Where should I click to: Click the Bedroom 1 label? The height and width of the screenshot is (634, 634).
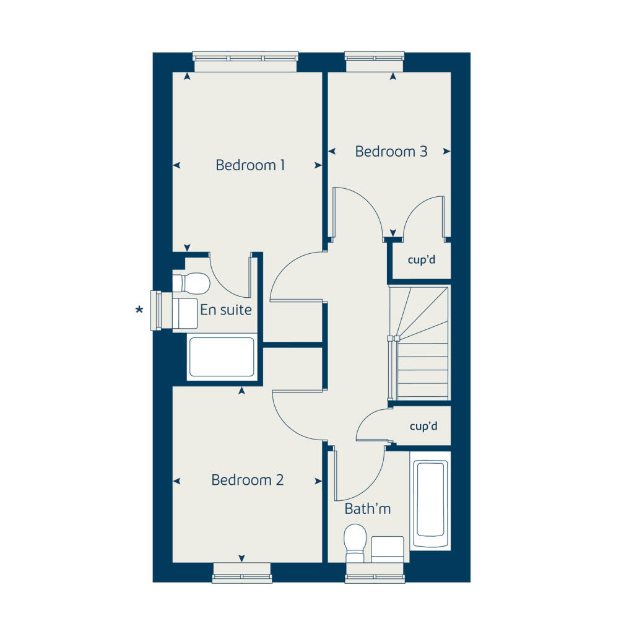(x=250, y=165)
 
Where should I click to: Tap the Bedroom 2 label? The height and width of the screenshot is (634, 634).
(x=247, y=480)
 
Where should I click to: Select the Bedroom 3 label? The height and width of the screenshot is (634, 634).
(x=391, y=151)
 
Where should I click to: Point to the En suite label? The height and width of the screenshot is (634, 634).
(x=226, y=309)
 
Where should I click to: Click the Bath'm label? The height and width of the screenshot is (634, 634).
(x=368, y=509)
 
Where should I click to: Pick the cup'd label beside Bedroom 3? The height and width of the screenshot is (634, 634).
(x=421, y=260)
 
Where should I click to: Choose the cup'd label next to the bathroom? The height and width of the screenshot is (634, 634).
(x=423, y=427)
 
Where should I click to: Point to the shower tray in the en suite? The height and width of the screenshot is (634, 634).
(x=222, y=357)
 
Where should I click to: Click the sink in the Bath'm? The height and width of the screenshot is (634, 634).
(x=388, y=549)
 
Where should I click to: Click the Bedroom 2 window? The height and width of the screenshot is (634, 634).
(x=241, y=573)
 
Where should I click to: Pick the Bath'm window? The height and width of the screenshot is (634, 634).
(x=375, y=573)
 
